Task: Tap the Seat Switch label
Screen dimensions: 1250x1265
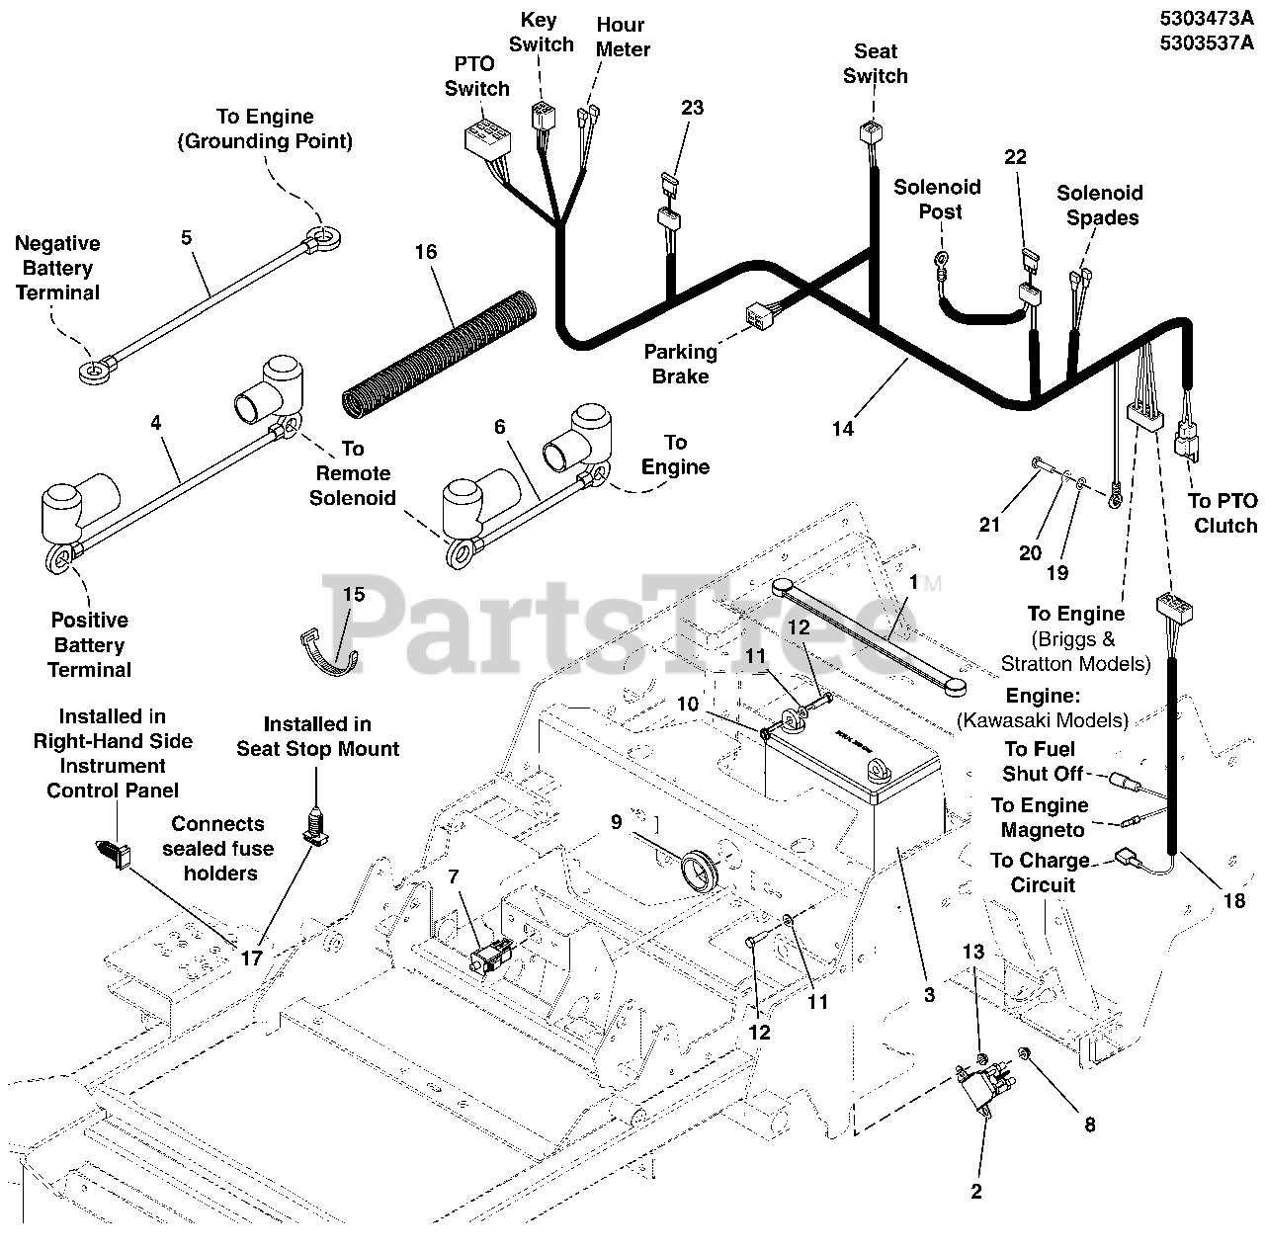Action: pos(875,63)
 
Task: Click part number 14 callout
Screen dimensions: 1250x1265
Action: pos(842,428)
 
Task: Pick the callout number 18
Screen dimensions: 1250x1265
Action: pos(1234,900)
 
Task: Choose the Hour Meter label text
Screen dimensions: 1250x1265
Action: pos(623,37)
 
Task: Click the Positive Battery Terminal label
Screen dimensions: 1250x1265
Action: pos(89,645)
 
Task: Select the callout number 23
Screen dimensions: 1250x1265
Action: pos(692,107)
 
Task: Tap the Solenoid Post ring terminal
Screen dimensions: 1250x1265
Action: pos(942,262)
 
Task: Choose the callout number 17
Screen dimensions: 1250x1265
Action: pos(251,957)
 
